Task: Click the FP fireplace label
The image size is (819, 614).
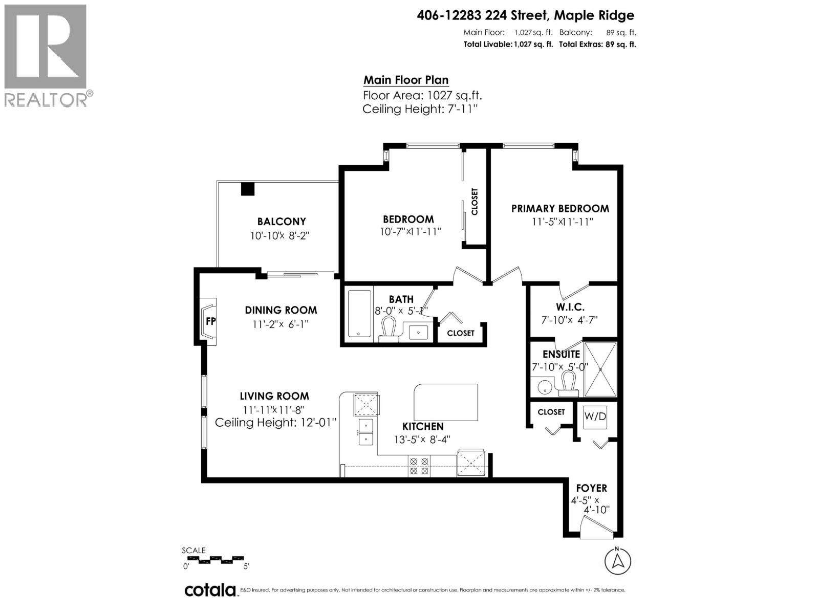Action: [210, 321]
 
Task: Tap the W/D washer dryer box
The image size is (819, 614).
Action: [595, 416]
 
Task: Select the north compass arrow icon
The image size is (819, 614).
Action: [618, 561]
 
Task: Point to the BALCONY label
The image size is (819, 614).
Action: [282, 222]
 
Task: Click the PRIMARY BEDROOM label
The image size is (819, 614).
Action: [560, 209]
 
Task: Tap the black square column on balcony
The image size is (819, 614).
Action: [248, 189]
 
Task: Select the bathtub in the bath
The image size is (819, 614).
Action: [359, 314]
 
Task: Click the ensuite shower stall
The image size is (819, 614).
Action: [600, 369]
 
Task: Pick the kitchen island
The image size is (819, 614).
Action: [446, 402]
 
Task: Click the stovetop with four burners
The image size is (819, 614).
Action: [418, 466]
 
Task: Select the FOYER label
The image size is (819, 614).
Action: [591, 488]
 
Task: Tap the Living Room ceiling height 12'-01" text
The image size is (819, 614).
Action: [276, 423]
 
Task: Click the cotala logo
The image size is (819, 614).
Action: [210, 590]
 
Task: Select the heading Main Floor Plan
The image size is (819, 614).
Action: [406, 80]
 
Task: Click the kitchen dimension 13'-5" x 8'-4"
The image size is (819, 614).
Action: [422, 439]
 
